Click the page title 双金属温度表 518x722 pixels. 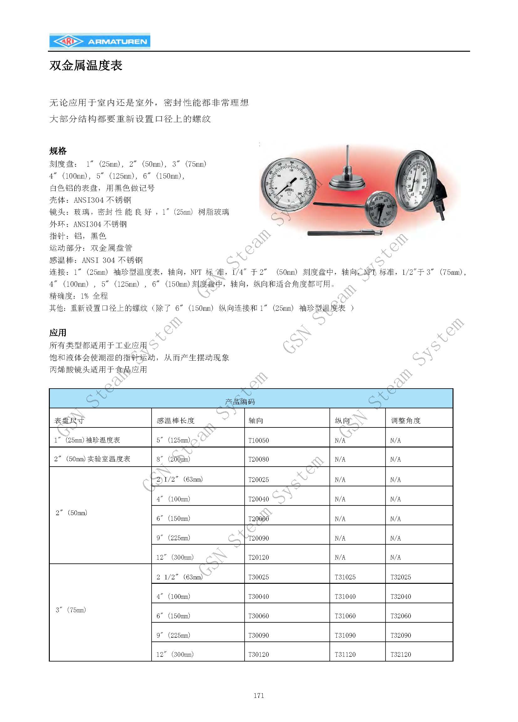point(86,65)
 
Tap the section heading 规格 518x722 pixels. point(58,151)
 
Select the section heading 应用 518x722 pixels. point(58,333)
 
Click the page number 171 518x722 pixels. point(259,695)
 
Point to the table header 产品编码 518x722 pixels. point(240,402)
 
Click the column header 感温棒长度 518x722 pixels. point(175,421)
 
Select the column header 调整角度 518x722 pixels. point(406,421)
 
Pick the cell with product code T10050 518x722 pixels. point(258,440)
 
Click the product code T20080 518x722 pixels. point(258,459)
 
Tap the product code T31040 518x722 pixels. point(345,596)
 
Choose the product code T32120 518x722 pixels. point(401,655)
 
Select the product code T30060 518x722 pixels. point(258,616)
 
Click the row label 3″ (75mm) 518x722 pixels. point(71,610)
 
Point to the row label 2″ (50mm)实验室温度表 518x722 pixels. point(92,459)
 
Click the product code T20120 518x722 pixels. point(258,557)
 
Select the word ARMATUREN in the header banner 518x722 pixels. point(117,42)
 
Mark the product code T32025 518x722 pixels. point(401,577)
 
